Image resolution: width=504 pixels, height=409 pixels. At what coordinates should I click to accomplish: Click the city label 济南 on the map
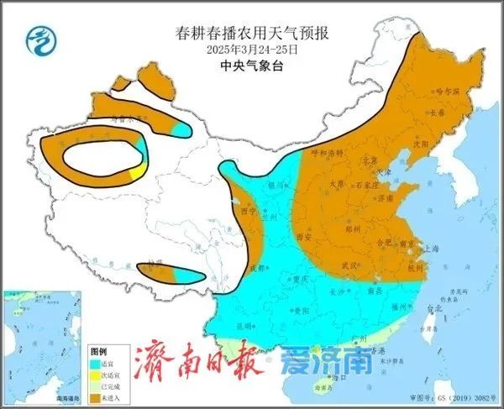point(385,198)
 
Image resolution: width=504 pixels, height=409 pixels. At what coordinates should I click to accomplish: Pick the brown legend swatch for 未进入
point(95,395)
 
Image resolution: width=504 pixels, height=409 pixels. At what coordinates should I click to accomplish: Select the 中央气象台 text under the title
point(251,63)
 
